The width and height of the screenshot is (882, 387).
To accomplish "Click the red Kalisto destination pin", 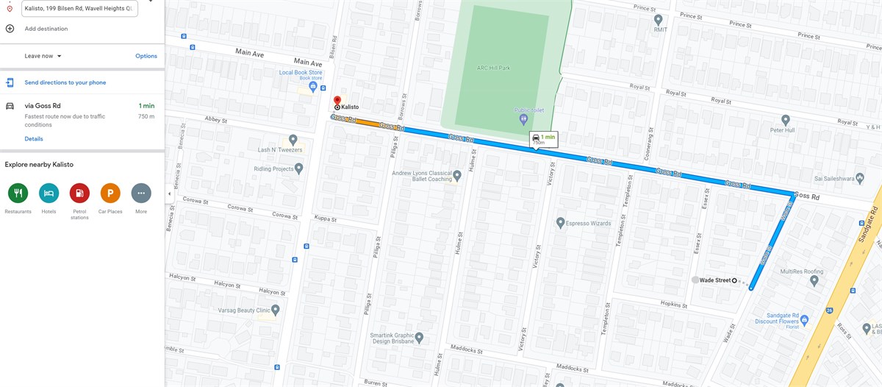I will (337, 100).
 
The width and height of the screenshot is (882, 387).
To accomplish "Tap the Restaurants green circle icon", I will (18, 193).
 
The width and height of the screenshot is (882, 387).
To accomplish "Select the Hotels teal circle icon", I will (49, 193).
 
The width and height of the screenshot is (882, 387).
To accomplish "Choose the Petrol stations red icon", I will (79, 193).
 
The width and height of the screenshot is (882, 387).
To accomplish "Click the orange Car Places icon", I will (110, 193).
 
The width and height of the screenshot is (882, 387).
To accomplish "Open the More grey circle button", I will (141, 193).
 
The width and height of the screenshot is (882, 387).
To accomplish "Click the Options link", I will (146, 56).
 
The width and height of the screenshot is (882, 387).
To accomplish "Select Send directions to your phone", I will (65, 82).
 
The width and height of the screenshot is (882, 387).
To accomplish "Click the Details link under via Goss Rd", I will (34, 138).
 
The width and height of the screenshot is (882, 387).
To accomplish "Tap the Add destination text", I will (46, 29).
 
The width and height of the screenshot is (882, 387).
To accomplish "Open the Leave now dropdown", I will (43, 56).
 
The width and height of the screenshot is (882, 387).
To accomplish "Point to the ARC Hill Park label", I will (493, 68).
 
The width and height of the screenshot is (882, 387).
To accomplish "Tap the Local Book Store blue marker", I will (313, 87).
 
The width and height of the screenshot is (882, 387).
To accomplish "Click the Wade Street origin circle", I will (734, 280).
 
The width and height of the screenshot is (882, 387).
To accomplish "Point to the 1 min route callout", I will (544, 139).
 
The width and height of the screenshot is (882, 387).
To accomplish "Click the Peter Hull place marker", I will (786, 120).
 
